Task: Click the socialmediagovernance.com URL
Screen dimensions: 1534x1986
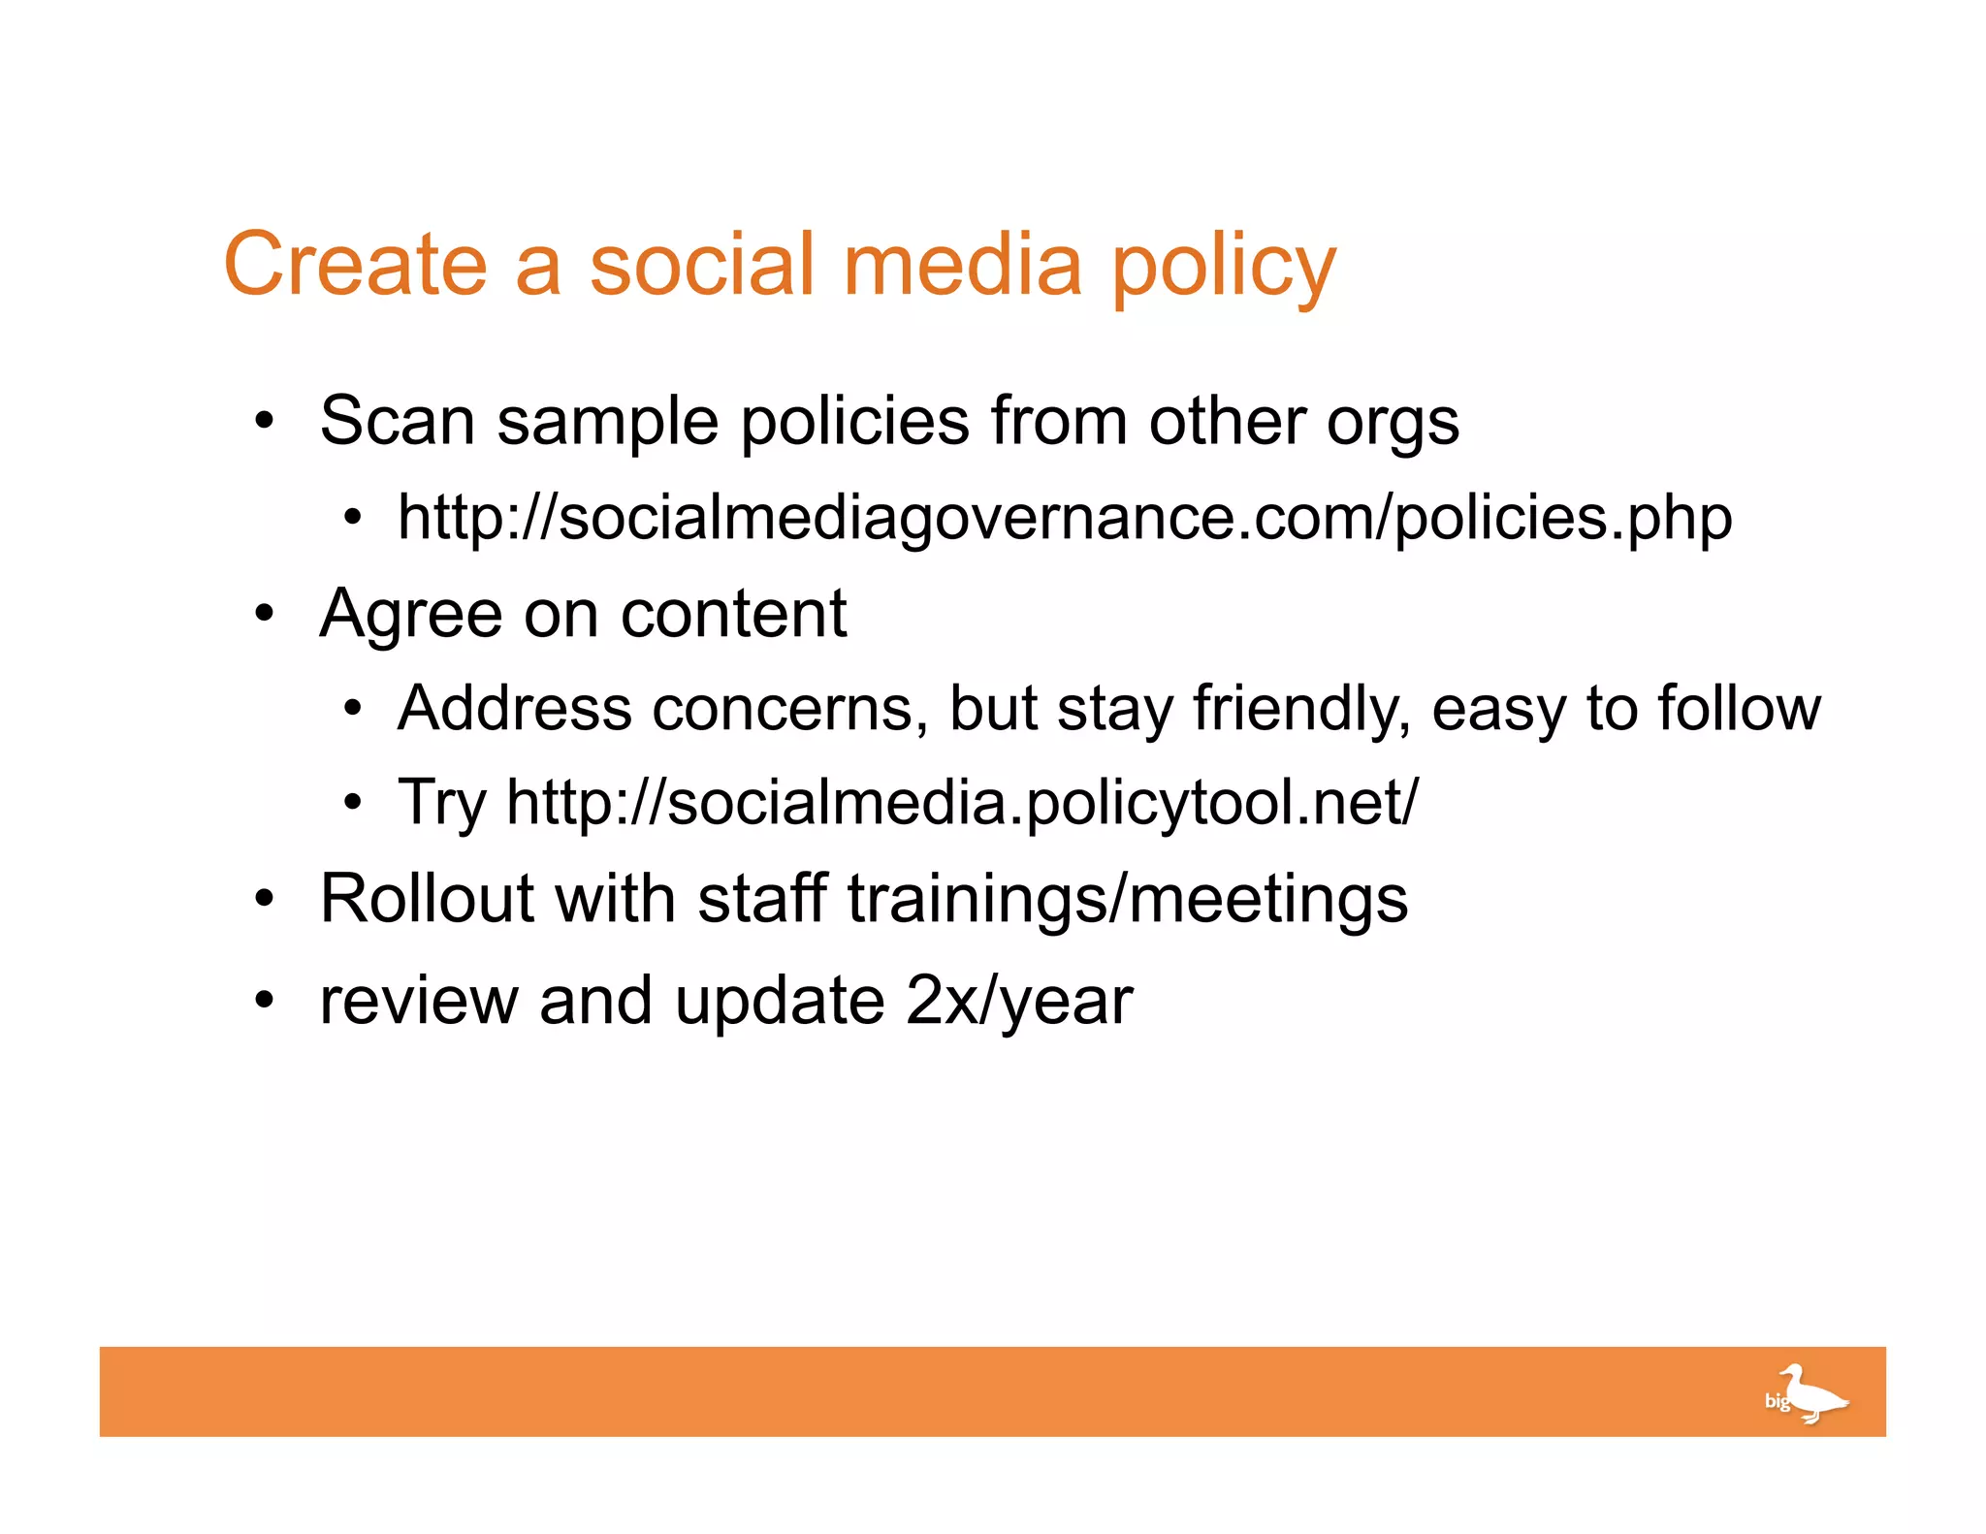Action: coord(1064,518)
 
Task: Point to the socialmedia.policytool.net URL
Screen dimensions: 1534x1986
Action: coord(961,803)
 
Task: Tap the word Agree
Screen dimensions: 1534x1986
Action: coord(410,615)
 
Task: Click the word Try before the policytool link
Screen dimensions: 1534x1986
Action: coord(441,803)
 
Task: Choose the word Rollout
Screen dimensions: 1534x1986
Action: coord(426,898)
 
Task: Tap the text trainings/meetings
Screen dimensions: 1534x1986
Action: coord(1127,900)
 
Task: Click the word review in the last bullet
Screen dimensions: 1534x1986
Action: coord(418,1001)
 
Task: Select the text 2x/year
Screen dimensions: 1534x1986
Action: coord(1018,1001)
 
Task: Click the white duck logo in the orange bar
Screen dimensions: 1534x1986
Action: coord(1807,1394)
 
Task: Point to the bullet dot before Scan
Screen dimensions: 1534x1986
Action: coord(265,422)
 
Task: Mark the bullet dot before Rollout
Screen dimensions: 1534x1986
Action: coord(265,899)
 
